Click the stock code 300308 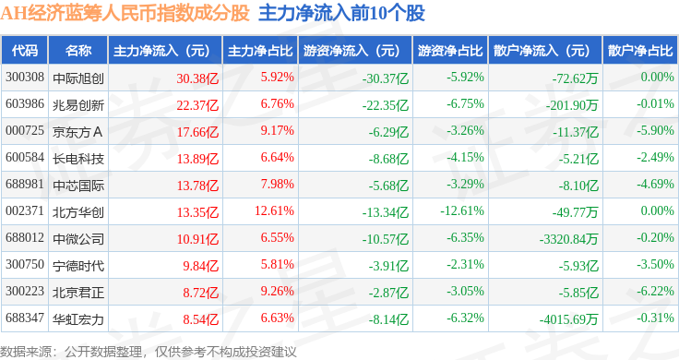(x=25, y=78)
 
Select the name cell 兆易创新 (x=78, y=105)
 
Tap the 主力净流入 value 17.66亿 (x=197, y=132)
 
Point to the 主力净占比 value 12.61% (x=274, y=211)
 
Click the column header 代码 (x=25, y=51)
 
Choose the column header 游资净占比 (x=450, y=51)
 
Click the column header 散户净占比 (x=640, y=51)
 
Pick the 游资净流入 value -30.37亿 (x=386, y=78)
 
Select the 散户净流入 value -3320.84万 (x=568, y=239)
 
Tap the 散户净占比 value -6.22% (x=655, y=291)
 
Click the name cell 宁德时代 (x=78, y=266)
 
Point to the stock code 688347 (x=25, y=318)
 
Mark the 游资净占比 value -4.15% (x=465, y=157)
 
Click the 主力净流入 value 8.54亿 (x=200, y=319)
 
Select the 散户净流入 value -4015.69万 (x=568, y=319)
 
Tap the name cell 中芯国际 (x=78, y=186)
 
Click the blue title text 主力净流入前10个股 (x=341, y=13)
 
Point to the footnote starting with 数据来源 (x=149, y=352)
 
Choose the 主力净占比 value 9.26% (x=277, y=291)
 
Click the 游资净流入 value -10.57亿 (x=386, y=239)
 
